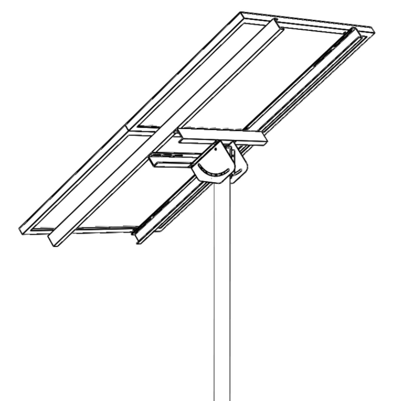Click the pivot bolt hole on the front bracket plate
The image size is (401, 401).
tap(216, 149)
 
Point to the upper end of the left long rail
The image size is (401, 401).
tap(275, 22)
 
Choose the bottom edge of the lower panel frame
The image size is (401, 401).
tap(88, 231)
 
